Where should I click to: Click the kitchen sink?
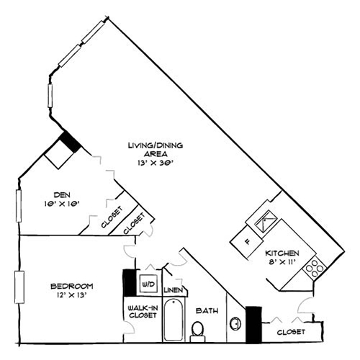coord(265,218)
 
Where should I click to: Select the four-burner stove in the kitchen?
coord(314,269)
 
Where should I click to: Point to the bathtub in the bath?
coord(174,320)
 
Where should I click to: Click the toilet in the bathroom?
coord(198,330)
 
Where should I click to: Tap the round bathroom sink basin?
coord(235,323)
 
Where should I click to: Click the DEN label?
coord(61,193)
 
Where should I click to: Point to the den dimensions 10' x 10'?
coord(61,203)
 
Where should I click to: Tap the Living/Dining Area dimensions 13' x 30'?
coord(156,163)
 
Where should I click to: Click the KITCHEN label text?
coord(282,253)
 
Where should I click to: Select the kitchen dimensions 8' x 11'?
coord(282,263)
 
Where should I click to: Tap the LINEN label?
coord(174,290)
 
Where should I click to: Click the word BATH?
coord(207,311)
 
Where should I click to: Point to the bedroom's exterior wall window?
coord(20,286)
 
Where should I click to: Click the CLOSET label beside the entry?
coord(289,332)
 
